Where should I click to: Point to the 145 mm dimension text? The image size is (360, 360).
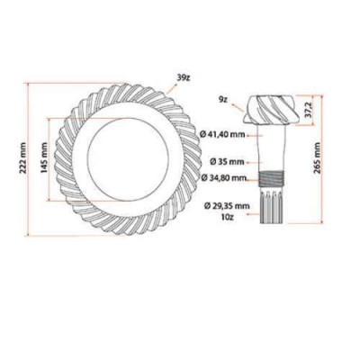pos(41,161)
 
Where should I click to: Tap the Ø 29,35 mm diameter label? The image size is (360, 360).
pos(226,205)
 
